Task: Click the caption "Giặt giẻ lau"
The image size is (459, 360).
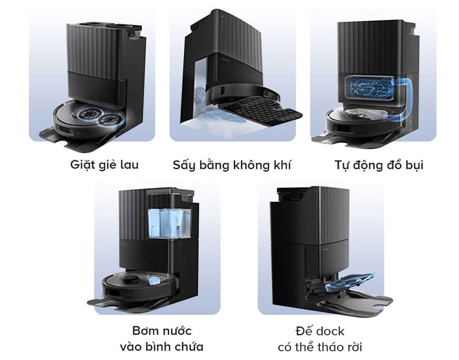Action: click(x=104, y=165)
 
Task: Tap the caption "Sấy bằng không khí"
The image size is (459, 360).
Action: click(x=232, y=165)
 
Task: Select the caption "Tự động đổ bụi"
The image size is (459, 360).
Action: click(x=378, y=165)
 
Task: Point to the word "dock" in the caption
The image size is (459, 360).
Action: click(x=330, y=332)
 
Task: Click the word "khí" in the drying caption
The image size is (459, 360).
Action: click(x=281, y=165)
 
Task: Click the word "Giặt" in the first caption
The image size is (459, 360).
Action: click(x=81, y=165)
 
